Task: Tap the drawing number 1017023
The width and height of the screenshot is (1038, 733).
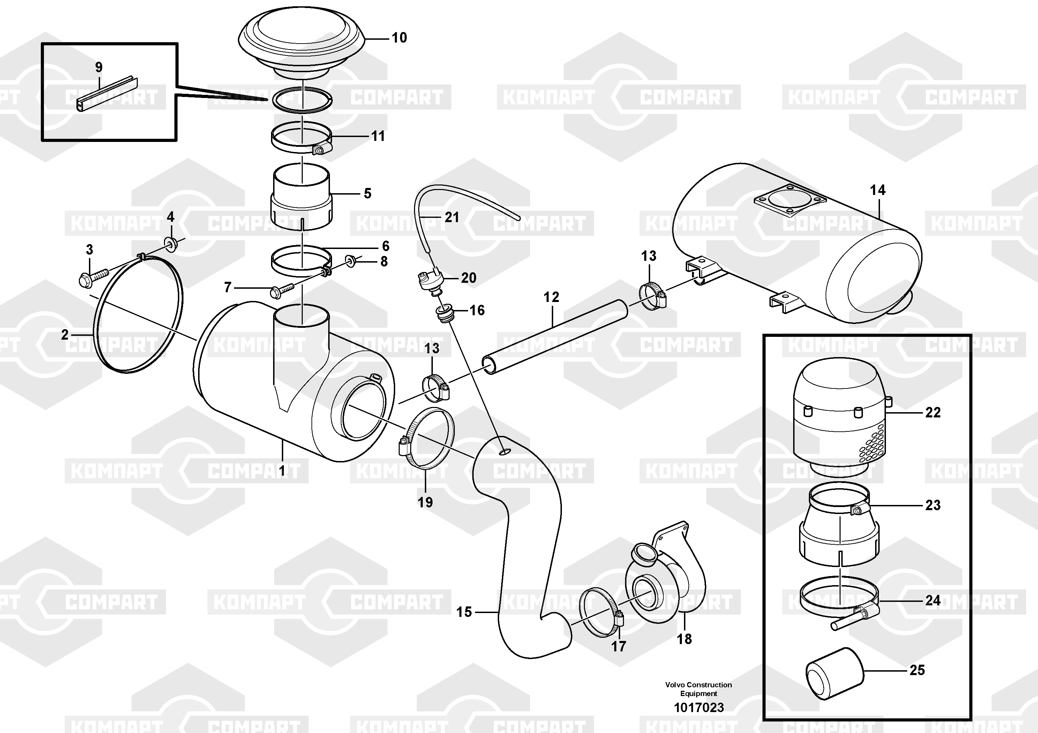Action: [699, 707]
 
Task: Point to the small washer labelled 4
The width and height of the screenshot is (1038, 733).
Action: [171, 245]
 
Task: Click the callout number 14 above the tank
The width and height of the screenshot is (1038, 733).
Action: [878, 190]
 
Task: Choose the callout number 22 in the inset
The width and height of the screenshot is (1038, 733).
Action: [933, 412]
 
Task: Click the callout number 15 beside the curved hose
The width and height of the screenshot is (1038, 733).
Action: [464, 612]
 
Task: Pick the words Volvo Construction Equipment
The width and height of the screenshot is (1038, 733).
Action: [699, 689]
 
